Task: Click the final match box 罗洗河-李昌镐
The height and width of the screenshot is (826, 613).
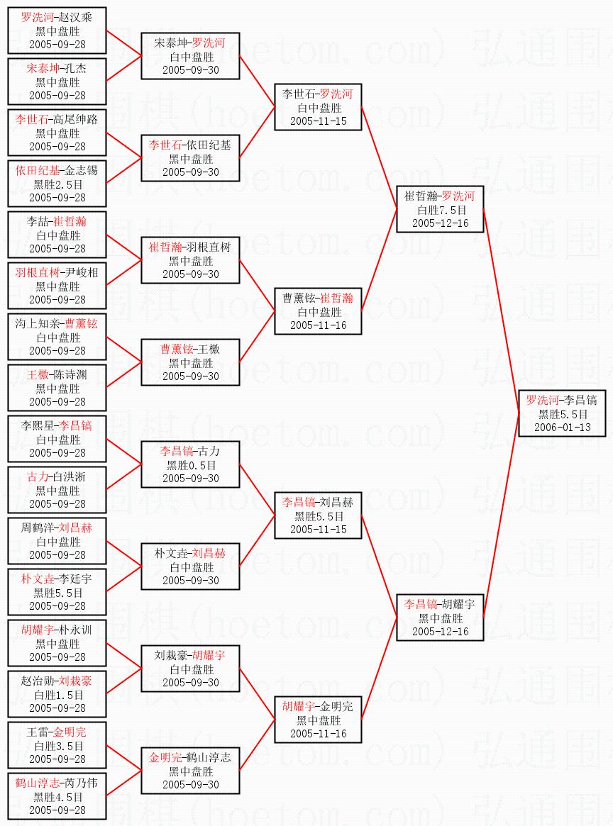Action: click(562, 413)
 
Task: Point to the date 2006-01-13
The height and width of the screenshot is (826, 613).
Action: click(563, 428)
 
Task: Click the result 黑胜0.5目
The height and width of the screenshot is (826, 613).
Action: click(192, 465)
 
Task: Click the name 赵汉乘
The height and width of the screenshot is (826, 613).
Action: click(75, 17)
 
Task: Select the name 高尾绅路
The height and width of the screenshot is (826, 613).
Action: click(75, 119)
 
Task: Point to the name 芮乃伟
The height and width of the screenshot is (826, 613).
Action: click(81, 783)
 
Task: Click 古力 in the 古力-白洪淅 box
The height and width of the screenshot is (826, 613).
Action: click(38, 476)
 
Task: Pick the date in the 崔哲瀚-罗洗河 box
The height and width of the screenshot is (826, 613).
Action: click(441, 223)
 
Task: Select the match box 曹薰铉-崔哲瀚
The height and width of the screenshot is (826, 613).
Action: click(319, 311)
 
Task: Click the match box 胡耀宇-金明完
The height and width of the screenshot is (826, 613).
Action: click(319, 720)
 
